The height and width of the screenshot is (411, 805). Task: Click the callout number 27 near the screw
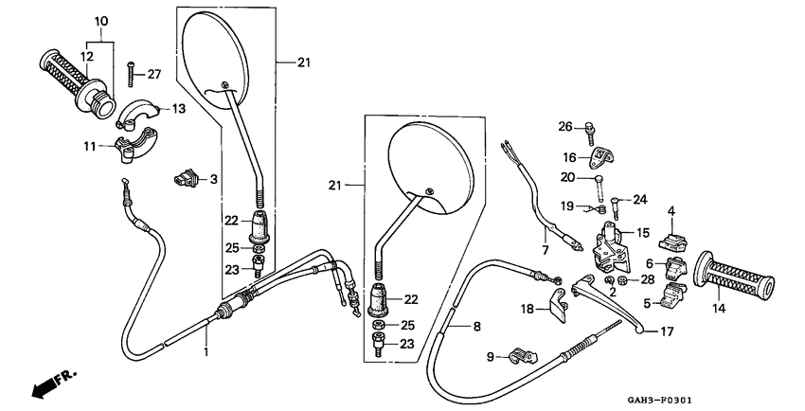coord(154,74)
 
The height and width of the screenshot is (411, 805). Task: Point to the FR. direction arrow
coord(52,384)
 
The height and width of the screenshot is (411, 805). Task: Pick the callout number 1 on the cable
coord(206,351)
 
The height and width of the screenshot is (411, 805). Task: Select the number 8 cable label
coord(476,326)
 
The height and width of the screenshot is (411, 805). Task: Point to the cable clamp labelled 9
coord(520,357)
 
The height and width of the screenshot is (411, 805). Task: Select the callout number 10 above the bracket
coord(101,20)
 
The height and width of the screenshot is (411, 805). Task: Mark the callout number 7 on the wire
coord(546,250)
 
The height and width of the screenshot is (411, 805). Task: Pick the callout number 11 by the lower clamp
coord(90,146)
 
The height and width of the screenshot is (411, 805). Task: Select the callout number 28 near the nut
coord(647,279)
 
